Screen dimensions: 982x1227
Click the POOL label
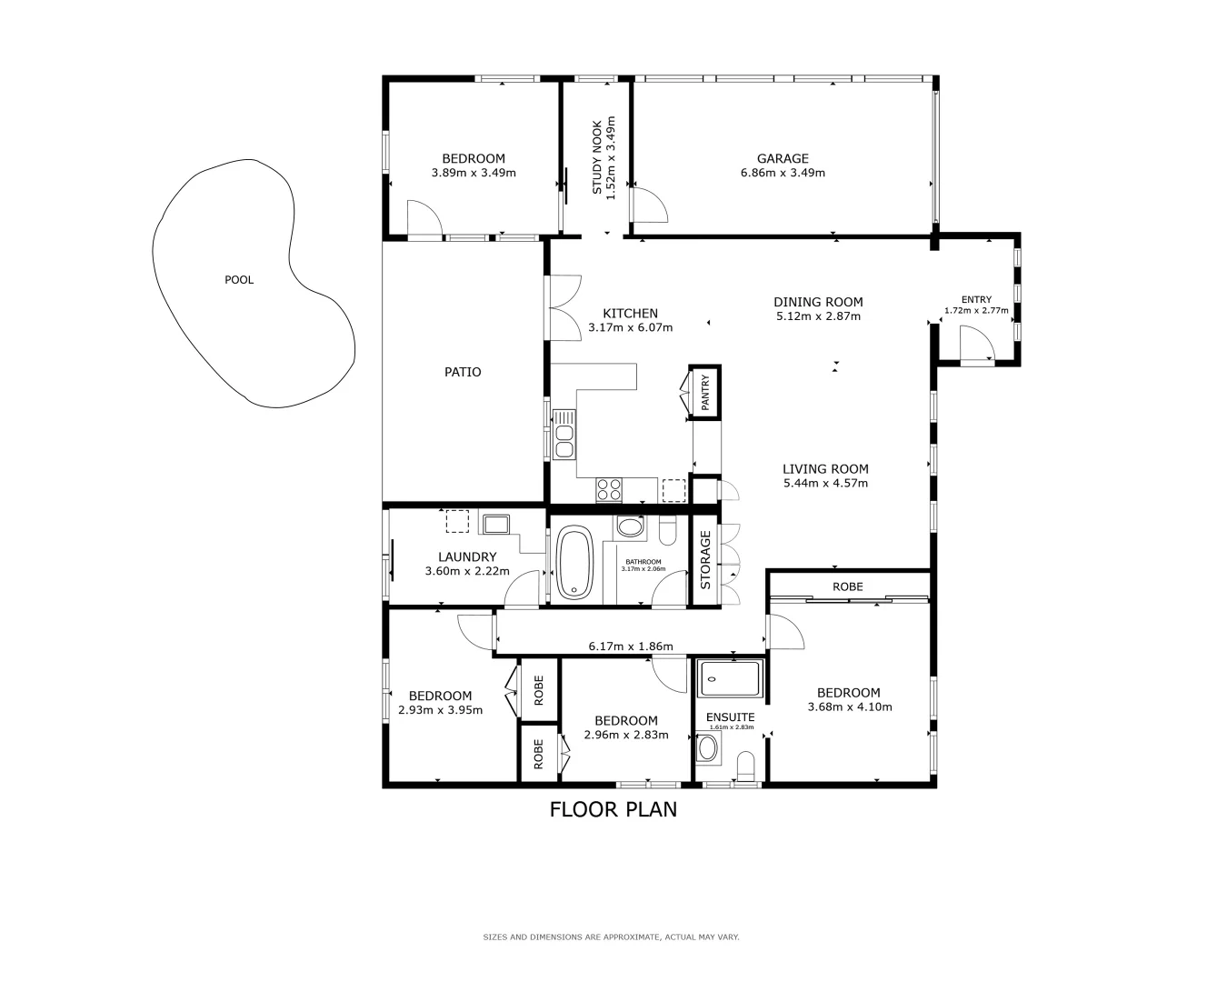point(239,280)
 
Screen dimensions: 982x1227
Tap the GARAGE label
point(783,159)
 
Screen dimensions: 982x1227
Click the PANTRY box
point(705,393)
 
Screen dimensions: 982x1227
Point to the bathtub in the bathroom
point(574,564)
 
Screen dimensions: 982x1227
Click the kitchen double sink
point(564,434)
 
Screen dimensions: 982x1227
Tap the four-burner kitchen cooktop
point(609,489)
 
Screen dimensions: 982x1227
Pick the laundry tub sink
point(495,524)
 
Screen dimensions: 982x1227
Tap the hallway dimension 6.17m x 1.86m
point(630,646)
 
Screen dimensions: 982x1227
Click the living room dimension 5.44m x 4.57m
point(825,483)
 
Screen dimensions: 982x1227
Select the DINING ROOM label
point(818,302)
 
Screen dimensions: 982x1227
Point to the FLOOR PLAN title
point(613,809)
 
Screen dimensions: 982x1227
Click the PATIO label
point(463,372)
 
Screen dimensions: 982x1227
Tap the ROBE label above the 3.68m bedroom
point(847,586)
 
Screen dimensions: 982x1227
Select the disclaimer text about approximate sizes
point(611,937)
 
